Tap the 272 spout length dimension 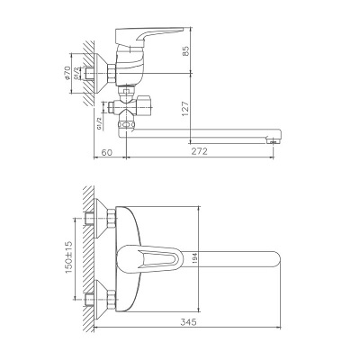click(201, 151)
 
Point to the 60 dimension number click(108, 151)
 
